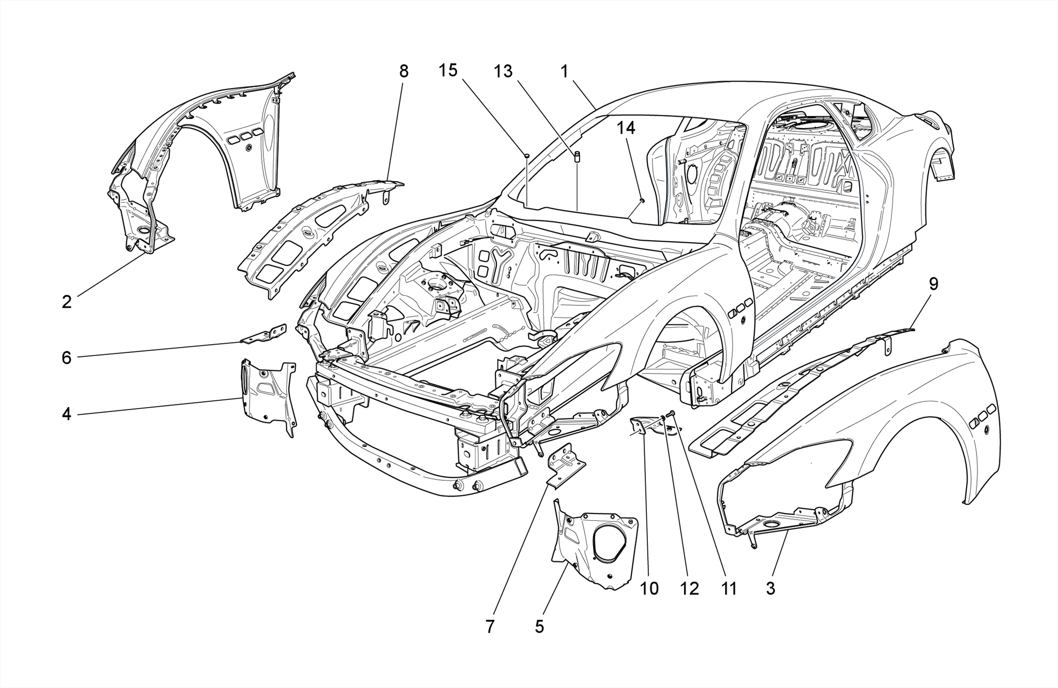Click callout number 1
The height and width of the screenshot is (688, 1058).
pos(564,71)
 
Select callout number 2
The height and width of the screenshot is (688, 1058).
pos(66,302)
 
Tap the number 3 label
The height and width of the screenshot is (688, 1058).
pos(770,588)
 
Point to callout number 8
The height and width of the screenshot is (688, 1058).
pos(403,71)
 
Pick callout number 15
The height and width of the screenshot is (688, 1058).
pos(448,70)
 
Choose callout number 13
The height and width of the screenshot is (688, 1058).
pos(503,71)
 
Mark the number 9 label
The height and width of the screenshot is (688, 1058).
pos(933,284)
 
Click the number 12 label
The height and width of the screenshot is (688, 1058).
pos(689,588)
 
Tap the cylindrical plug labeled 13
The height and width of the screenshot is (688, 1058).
pos(578,156)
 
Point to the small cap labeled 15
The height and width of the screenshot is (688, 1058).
pos(526,154)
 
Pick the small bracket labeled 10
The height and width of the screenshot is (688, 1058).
pos(640,427)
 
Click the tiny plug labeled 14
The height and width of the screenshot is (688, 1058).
pos(642,200)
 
